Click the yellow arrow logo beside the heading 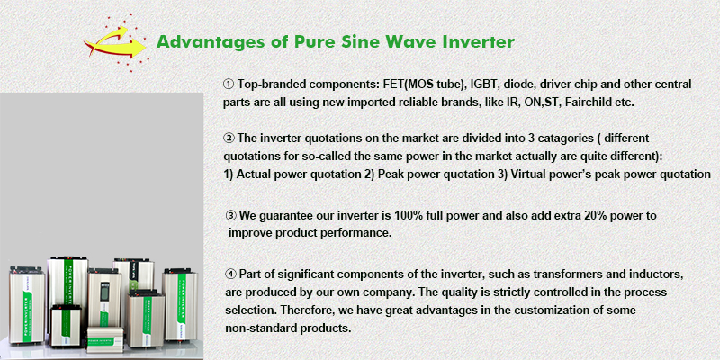[x=115, y=42]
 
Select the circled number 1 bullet [x=229, y=85]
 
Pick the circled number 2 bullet [x=229, y=139]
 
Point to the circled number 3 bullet [x=231, y=215]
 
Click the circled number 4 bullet [x=231, y=274]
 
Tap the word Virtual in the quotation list [x=527, y=175]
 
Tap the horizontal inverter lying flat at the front [x=105, y=339]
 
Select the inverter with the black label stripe [x=133, y=275]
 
